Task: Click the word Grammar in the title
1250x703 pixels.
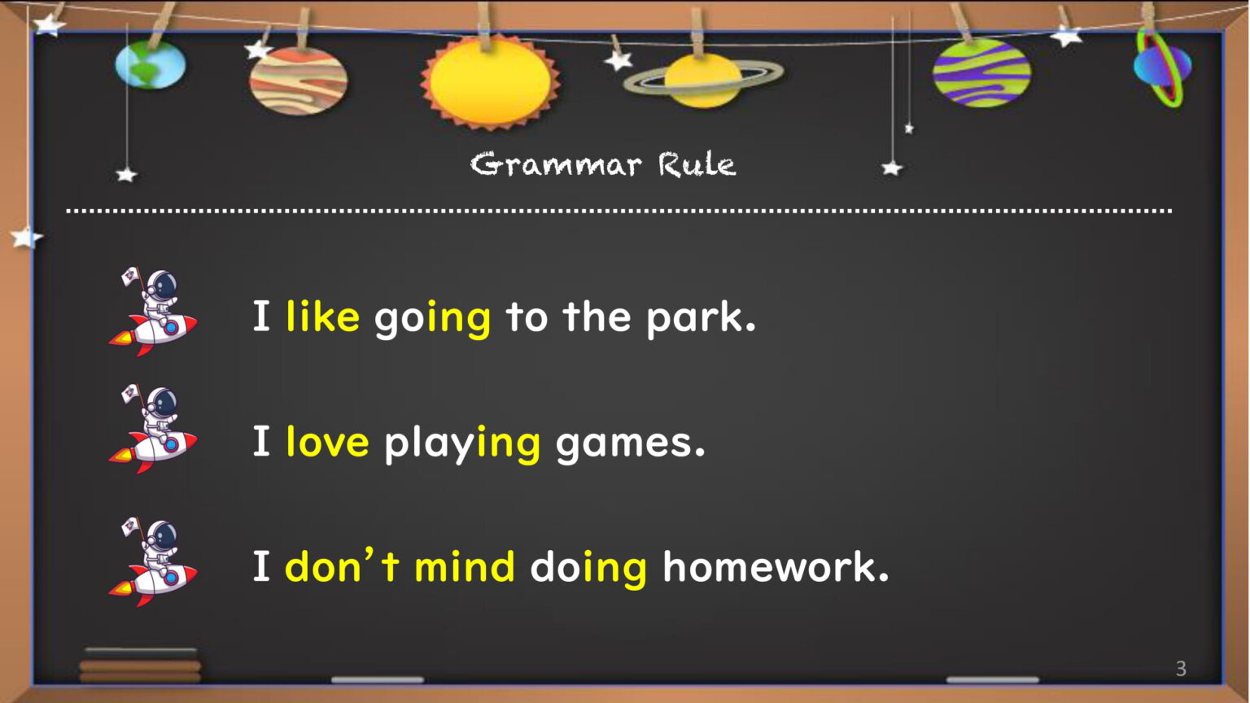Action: (x=556, y=164)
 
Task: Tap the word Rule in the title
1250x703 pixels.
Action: (x=697, y=164)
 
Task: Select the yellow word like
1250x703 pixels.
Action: (x=322, y=316)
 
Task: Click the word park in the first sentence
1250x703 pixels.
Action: (x=701, y=319)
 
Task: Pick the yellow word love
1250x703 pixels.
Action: (x=328, y=441)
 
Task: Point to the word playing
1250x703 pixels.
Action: (x=462, y=444)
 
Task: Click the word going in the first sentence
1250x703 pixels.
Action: (x=432, y=319)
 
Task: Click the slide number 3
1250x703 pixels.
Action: (x=1181, y=668)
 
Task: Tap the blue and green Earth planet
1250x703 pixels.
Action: (x=150, y=64)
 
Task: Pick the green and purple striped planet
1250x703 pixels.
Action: (x=981, y=73)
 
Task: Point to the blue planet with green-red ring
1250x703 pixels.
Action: (x=1163, y=67)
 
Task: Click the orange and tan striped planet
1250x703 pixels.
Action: (x=298, y=81)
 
